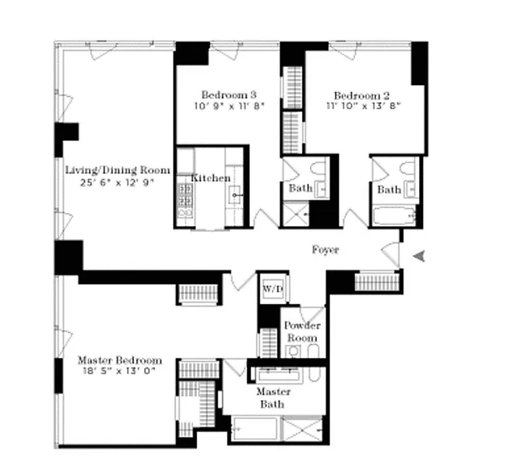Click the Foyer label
(326, 250)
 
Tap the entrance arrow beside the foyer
(419, 256)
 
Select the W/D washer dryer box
(273, 289)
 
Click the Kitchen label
(211, 178)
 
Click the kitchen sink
(234, 195)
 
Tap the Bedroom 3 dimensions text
(229, 106)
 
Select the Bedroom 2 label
(361, 96)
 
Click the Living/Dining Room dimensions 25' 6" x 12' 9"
(118, 183)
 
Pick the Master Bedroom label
(120, 360)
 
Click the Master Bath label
(273, 398)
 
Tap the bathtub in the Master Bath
(255, 429)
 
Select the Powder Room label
(302, 331)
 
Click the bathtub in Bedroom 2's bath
(394, 216)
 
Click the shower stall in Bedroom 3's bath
(295, 214)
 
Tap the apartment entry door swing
(391, 254)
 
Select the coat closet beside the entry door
(377, 282)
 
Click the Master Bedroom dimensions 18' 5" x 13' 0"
(120, 370)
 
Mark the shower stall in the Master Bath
(301, 429)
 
